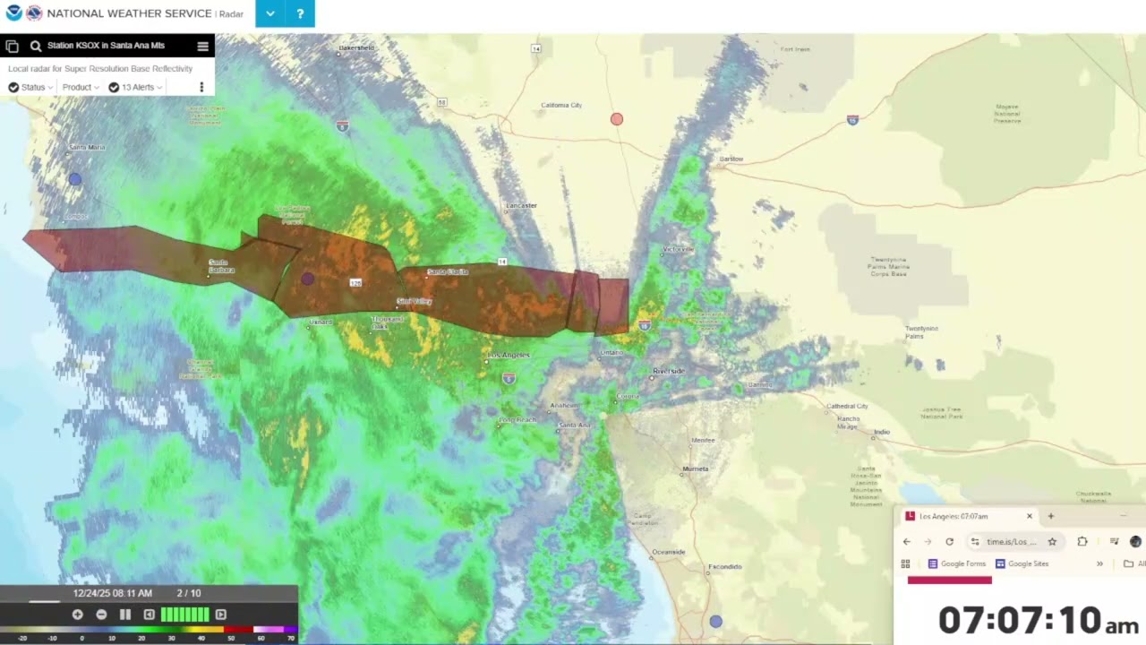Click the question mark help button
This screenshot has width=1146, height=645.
pyautogui.click(x=300, y=13)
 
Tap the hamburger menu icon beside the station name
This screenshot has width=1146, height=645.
pyautogui.click(x=202, y=46)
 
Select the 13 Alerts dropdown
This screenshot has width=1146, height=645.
pyautogui.click(x=135, y=87)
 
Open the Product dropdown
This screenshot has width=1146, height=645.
pyautogui.click(x=80, y=87)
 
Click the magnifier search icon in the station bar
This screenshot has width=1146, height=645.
pyautogui.click(x=36, y=46)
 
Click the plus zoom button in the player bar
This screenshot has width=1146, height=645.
pyautogui.click(x=78, y=615)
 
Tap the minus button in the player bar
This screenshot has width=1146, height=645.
pyautogui.click(x=101, y=615)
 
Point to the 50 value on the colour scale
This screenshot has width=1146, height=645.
pyautogui.click(x=231, y=638)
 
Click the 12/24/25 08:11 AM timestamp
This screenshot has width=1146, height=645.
pyautogui.click(x=113, y=593)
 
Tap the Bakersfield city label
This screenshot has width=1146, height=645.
pyautogui.click(x=355, y=47)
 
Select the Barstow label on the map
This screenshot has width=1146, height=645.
pyautogui.click(x=731, y=159)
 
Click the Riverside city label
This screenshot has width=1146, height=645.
pyautogui.click(x=668, y=371)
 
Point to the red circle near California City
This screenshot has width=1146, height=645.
pyautogui.click(x=617, y=119)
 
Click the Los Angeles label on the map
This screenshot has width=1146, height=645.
pyautogui.click(x=509, y=356)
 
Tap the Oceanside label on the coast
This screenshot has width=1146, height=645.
pyautogui.click(x=669, y=552)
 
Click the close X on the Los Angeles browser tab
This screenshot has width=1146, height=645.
pyautogui.click(x=1029, y=516)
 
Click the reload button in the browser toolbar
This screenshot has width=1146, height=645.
pyautogui.click(x=949, y=541)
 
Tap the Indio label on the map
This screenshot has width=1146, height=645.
pyautogui.click(x=882, y=432)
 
